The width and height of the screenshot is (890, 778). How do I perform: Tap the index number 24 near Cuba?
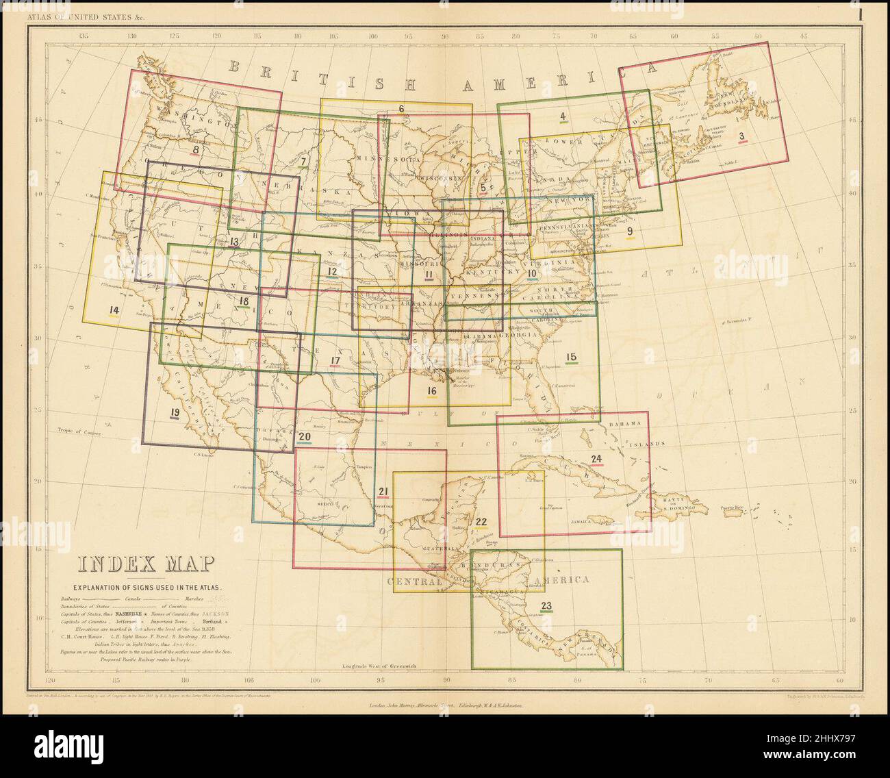pyautogui.click(x=596, y=458)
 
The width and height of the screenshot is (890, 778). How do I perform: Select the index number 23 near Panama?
pyautogui.click(x=546, y=605)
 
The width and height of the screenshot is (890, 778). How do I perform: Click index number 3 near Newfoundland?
pyautogui.click(x=741, y=136)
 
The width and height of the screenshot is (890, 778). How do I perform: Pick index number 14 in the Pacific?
pyautogui.click(x=114, y=310)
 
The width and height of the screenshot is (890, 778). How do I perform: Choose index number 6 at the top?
pyautogui.click(x=401, y=108)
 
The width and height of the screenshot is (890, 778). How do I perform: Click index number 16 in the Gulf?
pyautogui.click(x=431, y=391)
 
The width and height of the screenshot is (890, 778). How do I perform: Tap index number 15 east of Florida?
pyautogui.click(x=571, y=356)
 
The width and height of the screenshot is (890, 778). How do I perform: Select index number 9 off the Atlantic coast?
pyautogui.click(x=630, y=231)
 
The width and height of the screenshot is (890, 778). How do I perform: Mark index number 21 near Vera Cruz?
pyautogui.click(x=383, y=490)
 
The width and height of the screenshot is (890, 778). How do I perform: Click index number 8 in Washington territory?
pyautogui.click(x=197, y=149)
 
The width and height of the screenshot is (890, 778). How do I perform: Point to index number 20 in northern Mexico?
pyautogui.click(x=305, y=436)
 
